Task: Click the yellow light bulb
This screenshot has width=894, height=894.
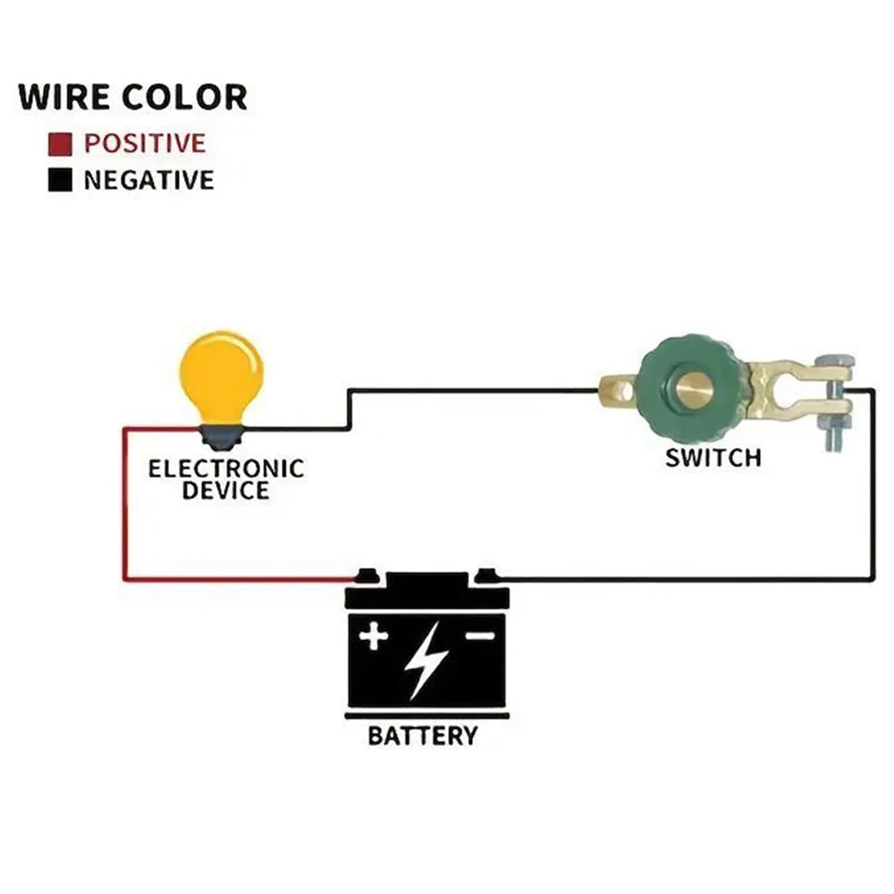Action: [221, 375]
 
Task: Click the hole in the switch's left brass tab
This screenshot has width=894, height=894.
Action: [614, 390]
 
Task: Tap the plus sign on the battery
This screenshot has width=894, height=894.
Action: [374, 637]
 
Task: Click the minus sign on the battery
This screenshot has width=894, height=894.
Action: [480, 636]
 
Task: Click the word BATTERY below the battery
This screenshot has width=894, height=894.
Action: [423, 737]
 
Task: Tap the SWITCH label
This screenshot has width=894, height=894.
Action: [713, 458]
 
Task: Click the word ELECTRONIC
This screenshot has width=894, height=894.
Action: [226, 468]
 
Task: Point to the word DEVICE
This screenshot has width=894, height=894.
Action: [226, 490]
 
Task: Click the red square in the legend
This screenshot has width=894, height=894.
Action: [60, 143]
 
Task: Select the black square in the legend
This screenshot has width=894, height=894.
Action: [60, 181]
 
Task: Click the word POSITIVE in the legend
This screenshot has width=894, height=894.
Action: [145, 143]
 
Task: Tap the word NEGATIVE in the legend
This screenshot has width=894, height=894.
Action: [149, 181]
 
